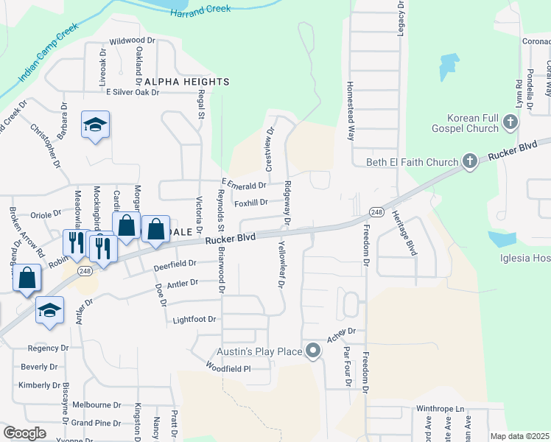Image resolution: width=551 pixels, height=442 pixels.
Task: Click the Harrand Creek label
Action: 200,10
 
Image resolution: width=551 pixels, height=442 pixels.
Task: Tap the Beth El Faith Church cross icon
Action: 469,161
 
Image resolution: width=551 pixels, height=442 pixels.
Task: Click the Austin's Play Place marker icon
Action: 313,351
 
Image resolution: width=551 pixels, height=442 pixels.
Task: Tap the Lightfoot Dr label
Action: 194,320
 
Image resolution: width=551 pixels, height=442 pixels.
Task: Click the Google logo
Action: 24,433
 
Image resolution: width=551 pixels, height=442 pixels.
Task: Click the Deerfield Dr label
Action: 175,263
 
